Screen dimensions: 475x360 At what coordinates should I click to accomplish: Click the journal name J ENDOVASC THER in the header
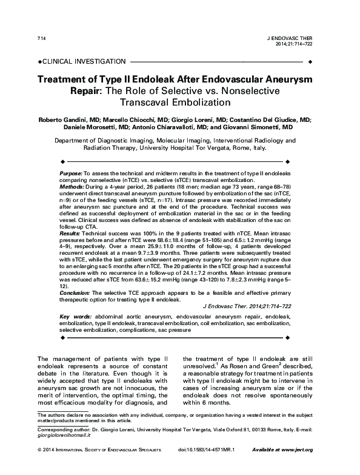click(x=292, y=38)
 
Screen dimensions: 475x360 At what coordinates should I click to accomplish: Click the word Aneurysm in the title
click(x=288, y=79)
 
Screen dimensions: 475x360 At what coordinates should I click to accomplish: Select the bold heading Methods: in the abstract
click(x=72, y=187)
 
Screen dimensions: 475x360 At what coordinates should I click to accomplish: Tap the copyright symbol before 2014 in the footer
click(x=39, y=466)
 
